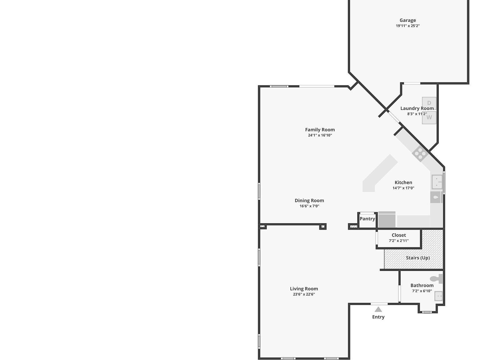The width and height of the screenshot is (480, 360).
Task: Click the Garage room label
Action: coord(407,20)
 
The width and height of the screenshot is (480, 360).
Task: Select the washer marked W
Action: coord(429,118)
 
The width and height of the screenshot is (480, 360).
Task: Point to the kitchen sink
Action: coord(437,182)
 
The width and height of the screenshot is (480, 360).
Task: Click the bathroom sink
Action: coord(438,296)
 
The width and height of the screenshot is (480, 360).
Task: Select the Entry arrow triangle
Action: coord(378,310)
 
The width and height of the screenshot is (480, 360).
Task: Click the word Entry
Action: coord(378,317)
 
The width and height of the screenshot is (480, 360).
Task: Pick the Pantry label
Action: coord(367,219)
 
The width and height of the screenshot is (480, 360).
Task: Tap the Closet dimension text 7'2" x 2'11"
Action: coord(399,241)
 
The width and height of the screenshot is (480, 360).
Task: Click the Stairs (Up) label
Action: coord(418,258)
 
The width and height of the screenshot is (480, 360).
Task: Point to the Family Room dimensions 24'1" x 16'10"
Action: coord(320,135)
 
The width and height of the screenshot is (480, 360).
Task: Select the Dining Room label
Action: coord(309,201)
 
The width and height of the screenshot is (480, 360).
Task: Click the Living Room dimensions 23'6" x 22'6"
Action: coord(304,294)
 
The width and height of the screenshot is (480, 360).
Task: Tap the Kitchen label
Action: coord(403,182)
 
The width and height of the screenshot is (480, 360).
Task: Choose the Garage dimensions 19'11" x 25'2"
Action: coord(407,26)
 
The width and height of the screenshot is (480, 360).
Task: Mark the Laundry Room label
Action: coord(417,108)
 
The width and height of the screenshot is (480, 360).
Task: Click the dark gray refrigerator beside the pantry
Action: coord(387,220)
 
